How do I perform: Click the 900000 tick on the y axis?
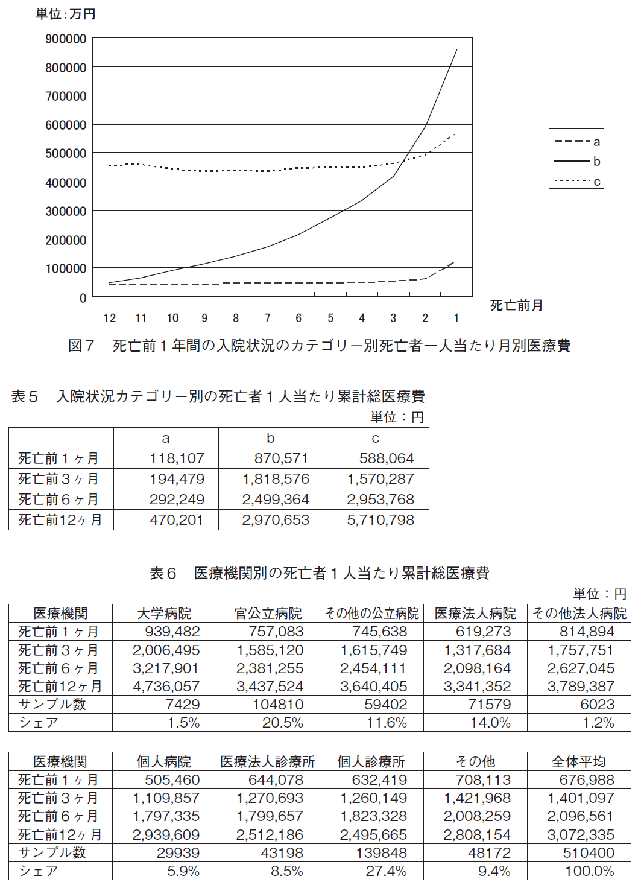[x=66, y=39]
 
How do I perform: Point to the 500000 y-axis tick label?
[x=66, y=154]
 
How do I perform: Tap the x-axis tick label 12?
[x=110, y=318]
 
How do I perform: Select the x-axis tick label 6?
[x=298, y=318]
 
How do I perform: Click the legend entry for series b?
[x=578, y=161]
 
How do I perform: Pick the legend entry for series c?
[x=578, y=182]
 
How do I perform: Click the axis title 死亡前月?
[x=516, y=305]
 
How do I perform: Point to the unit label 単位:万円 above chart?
[x=65, y=14]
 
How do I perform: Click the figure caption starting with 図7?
[x=320, y=346]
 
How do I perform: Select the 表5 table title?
[x=218, y=396]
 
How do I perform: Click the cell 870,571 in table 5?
[x=281, y=458]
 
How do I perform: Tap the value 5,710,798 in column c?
[x=380, y=520]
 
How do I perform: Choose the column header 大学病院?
[x=164, y=614]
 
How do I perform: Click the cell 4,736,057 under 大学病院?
[x=166, y=687]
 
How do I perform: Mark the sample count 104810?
[x=278, y=705]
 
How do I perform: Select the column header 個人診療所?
[x=371, y=761]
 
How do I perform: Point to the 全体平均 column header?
[x=579, y=761]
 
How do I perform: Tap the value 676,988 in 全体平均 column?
[x=587, y=780]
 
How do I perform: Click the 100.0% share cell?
[x=590, y=871]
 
